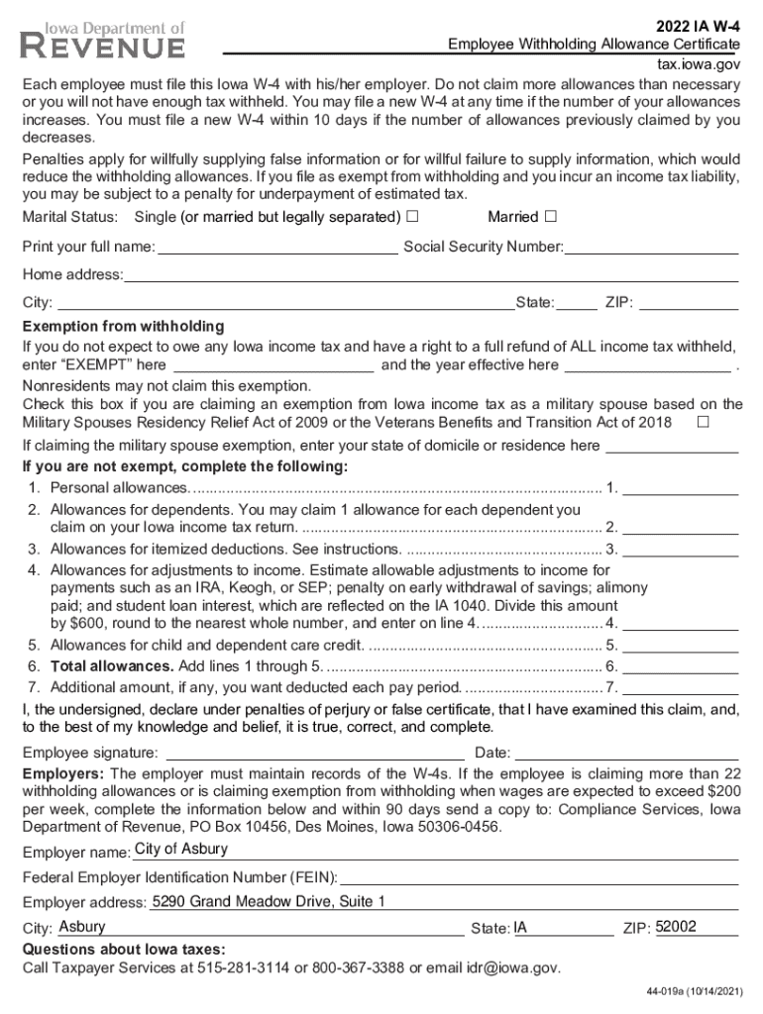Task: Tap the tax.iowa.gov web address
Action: tap(700, 62)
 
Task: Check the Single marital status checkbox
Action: tap(412, 217)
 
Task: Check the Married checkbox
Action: tap(551, 217)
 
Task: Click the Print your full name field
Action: tap(277, 247)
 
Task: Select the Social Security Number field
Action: tap(651, 247)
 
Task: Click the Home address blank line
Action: tap(431, 274)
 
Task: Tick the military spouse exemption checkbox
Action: tap(704, 423)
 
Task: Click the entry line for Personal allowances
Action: tap(680, 487)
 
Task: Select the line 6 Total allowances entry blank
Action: tap(680, 665)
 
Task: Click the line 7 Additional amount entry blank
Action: tap(680, 687)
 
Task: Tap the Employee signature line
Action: tap(312, 753)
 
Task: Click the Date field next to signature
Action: tap(626, 753)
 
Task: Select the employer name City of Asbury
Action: tap(181, 850)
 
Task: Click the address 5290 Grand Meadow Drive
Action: tap(268, 901)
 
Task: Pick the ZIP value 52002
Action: tap(676, 927)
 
